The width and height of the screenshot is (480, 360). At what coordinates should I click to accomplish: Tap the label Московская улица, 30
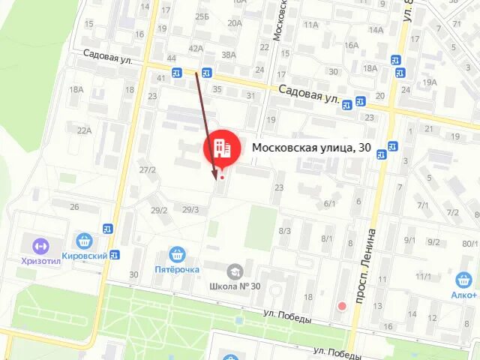coord(310,148)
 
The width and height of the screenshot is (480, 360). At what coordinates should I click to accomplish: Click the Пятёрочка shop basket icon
coord(177,254)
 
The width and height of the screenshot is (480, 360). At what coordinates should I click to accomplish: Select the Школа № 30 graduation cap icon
coord(235,271)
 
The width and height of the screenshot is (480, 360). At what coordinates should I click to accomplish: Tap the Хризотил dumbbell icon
coord(39,245)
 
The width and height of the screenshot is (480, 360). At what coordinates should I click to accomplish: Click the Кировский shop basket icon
coord(84,241)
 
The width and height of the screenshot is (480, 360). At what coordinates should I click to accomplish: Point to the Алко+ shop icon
coord(463,280)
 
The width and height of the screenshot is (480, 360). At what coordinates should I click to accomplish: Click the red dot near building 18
coord(343,305)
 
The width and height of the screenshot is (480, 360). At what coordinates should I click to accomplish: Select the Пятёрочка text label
coord(177,269)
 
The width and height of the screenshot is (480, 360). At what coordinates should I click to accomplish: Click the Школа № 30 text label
coord(235,286)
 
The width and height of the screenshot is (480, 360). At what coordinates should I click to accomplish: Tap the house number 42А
coord(196,48)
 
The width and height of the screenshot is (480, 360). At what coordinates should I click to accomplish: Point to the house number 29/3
coord(190,209)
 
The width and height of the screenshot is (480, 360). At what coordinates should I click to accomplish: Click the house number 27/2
coord(147,169)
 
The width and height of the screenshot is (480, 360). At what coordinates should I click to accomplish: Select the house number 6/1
coord(329,203)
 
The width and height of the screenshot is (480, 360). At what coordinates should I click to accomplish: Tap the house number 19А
coord(429,82)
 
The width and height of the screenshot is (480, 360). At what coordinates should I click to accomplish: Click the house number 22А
coord(83,130)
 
